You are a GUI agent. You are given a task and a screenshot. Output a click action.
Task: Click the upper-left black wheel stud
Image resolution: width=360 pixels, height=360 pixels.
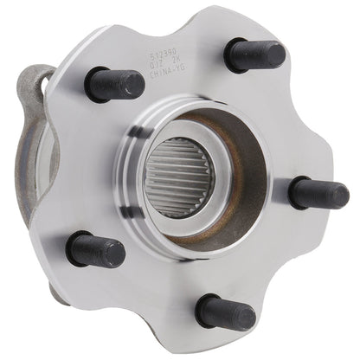(x=114, y=84)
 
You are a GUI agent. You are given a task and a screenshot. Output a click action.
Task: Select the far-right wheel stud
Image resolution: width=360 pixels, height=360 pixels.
(x=318, y=192)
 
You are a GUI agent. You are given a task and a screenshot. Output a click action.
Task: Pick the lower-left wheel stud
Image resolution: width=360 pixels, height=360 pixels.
(x=94, y=249)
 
